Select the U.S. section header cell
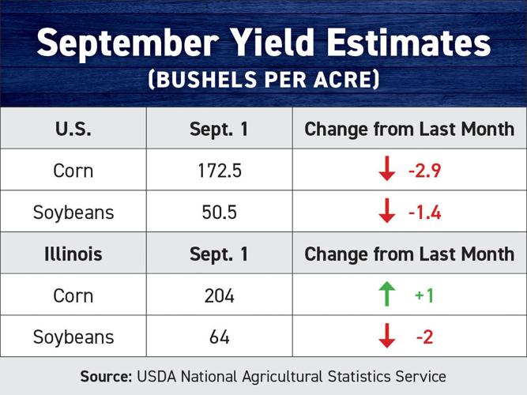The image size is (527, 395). (73, 129)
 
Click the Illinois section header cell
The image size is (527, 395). (73, 254)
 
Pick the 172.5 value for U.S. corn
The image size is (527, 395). (219, 170)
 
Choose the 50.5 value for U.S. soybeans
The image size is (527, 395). (219, 212)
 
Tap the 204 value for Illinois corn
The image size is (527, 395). (219, 295)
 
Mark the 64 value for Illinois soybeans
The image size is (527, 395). (219, 337)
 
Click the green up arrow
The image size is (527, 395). (386, 295)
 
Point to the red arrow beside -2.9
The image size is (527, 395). (386, 170)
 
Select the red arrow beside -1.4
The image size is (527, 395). (386, 212)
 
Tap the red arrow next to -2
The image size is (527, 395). (386, 337)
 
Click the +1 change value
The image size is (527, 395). (424, 295)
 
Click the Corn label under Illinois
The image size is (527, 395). (73, 295)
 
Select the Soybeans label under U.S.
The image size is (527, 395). (73, 212)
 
